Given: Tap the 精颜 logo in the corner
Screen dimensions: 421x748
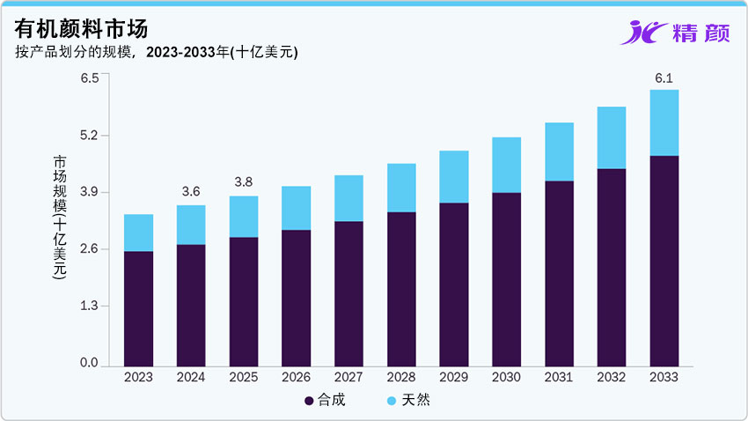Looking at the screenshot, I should click(x=673, y=32).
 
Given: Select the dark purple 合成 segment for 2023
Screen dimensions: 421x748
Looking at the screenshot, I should click(x=138, y=308).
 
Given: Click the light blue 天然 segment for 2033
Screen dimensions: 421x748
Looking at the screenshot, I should click(x=664, y=122).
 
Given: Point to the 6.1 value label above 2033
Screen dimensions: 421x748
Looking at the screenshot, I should click(x=664, y=78).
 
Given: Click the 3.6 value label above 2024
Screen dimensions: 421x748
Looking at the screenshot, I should click(x=191, y=191).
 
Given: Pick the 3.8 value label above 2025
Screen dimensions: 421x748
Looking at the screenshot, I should click(x=244, y=182).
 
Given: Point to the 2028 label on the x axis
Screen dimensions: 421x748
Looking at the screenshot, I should click(x=401, y=377).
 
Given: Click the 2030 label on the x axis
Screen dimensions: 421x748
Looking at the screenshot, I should click(x=506, y=377).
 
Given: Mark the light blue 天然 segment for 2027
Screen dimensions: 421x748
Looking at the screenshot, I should click(x=348, y=198).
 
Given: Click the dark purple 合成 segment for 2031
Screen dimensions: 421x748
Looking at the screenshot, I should click(x=559, y=273).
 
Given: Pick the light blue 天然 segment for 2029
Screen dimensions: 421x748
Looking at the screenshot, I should click(x=454, y=176).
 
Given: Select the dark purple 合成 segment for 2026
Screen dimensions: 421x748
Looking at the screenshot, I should click(x=296, y=298).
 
